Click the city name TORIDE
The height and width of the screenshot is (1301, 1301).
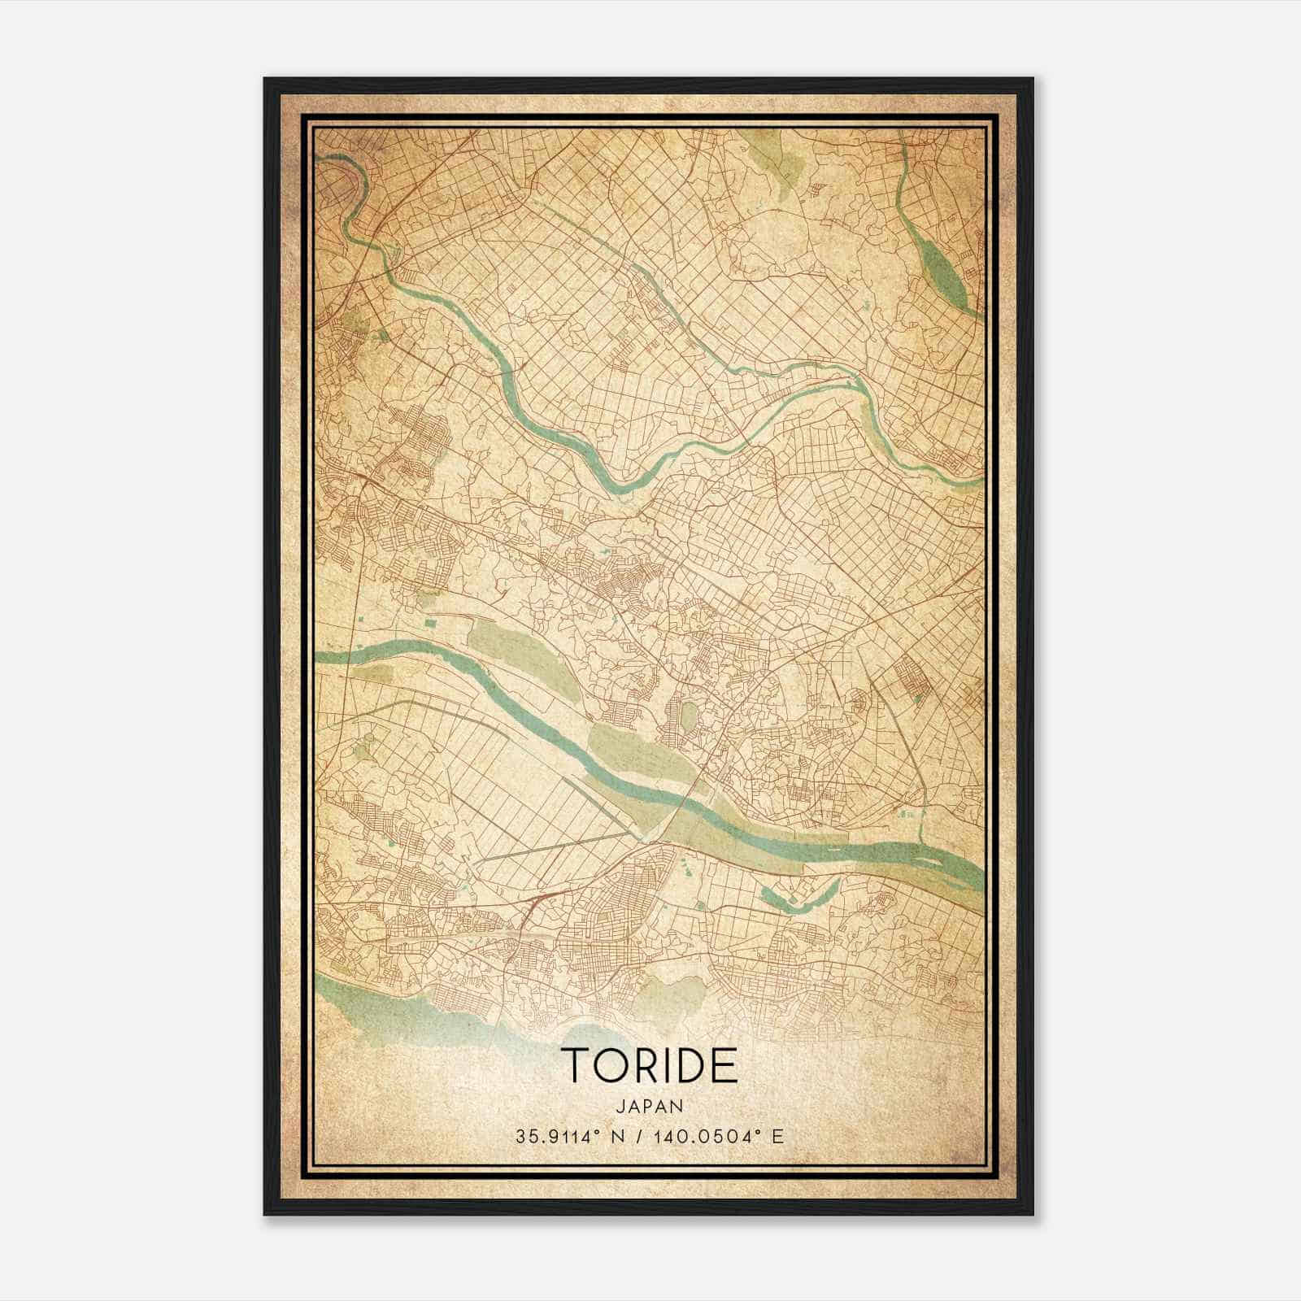point(649,1065)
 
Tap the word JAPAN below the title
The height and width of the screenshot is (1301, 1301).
point(649,1107)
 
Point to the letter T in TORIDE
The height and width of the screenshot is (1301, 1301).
point(573,1065)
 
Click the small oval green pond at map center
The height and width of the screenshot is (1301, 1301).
point(688,716)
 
